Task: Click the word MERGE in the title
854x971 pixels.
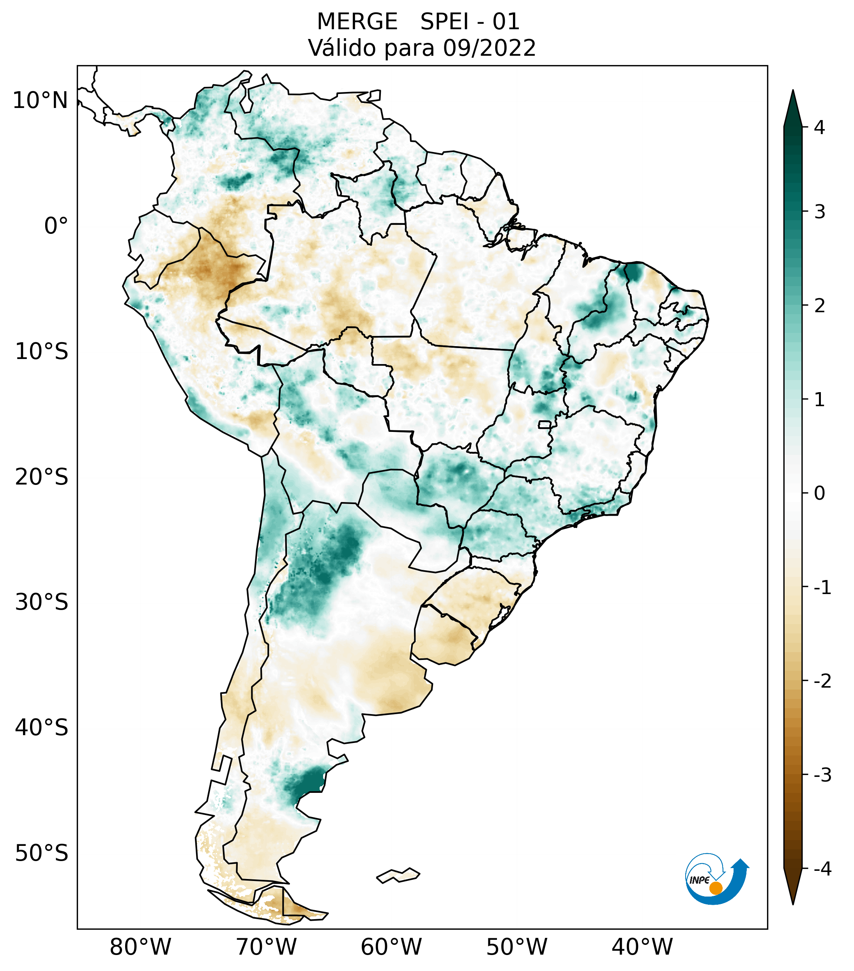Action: click(x=357, y=22)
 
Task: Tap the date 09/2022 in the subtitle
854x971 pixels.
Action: click(x=489, y=48)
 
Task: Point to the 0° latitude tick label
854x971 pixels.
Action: click(x=56, y=226)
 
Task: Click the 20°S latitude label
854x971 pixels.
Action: click(x=41, y=477)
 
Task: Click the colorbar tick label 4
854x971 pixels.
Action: click(x=819, y=127)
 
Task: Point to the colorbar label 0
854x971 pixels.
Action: click(x=819, y=493)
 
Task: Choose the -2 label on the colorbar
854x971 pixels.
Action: click(x=822, y=681)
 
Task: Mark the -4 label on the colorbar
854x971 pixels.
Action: click(x=822, y=869)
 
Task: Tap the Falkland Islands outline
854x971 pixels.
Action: click(x=398, y=875)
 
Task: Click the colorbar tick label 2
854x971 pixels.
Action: click(x=819, y=306)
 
